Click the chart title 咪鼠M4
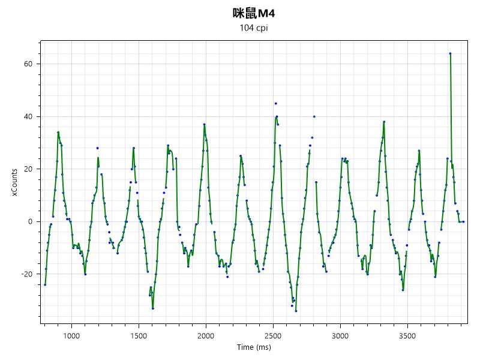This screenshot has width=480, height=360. point(253,13)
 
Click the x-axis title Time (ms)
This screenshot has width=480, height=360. point(253,347)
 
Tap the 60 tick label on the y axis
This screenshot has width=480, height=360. point(28,64)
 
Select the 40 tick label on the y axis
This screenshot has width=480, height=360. point(28,116)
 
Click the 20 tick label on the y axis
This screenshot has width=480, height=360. point(28,169)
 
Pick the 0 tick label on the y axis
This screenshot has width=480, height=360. point(29,221)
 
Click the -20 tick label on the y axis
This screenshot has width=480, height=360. point(26,274)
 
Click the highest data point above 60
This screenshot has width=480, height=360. point(450,53)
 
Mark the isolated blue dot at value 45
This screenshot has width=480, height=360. point(275,103)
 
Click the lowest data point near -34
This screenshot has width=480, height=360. point(296,311)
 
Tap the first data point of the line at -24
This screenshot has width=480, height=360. point(45,284)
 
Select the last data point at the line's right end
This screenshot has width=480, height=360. point(463,221)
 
